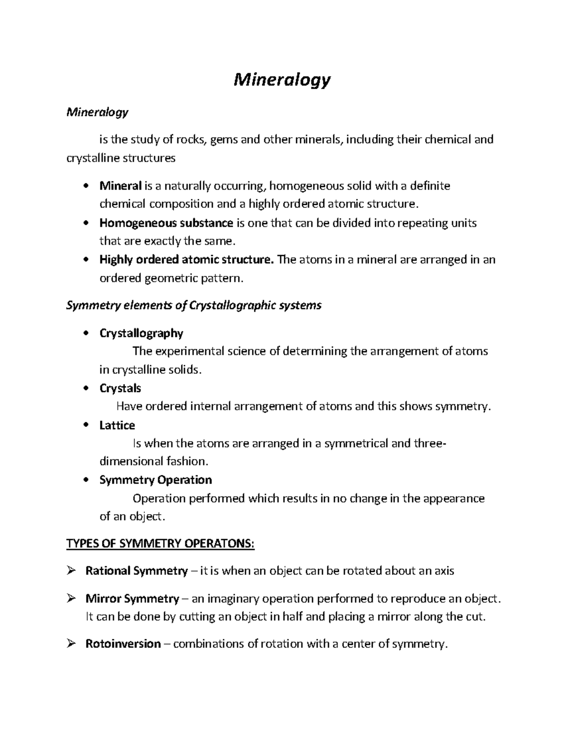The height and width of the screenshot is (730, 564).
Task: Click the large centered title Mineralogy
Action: click(282, 80)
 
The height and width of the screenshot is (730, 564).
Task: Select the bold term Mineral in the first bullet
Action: click(120, 186)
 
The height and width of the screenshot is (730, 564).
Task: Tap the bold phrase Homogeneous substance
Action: click(166, 223)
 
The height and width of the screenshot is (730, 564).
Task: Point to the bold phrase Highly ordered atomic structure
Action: click(186, 259)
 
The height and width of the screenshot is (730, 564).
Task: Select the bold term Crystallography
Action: click(141, 333)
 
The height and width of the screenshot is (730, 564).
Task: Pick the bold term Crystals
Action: click(120, 388)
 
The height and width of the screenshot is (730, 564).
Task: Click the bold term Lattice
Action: click(117, 425)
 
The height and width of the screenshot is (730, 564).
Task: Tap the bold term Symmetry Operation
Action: click(156, 480)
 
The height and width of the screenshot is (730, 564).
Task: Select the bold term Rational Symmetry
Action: click(136, 571)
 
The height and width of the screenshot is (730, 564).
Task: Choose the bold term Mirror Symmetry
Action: click(132, 599)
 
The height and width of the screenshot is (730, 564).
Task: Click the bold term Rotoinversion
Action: click(123, 644)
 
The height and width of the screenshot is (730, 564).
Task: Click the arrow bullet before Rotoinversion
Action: click(71, 644)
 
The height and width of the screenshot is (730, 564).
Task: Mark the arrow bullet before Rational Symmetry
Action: click(71, 571)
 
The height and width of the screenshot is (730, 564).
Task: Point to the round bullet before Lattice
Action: click(85, 425)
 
